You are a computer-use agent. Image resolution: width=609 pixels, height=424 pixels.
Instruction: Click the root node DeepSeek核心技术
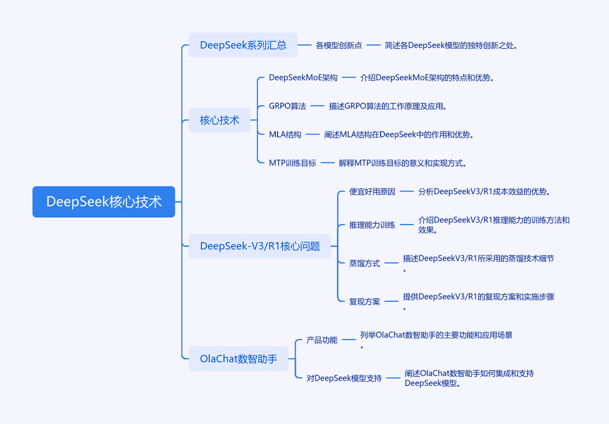coord(104,201)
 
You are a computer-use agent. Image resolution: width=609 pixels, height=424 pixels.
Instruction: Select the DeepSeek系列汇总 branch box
coord(243,45)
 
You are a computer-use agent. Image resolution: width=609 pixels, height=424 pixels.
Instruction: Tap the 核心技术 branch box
coord(219,120)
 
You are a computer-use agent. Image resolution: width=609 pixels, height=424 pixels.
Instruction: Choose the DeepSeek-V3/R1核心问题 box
coord(260,246)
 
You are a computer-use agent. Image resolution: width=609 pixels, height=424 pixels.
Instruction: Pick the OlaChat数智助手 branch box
coord(239,359)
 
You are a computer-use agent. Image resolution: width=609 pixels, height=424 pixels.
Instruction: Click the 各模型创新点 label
coord(339,46)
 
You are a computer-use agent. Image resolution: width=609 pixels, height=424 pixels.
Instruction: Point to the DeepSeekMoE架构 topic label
coord(303,78)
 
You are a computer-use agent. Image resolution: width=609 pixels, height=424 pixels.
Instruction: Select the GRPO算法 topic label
coord(288,106)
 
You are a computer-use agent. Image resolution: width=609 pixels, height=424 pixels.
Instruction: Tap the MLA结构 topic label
coord(285,135)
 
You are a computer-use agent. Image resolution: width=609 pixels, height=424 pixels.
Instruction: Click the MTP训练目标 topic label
coord(293,163)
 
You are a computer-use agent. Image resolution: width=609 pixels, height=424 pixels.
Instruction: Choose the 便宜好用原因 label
coord(372,192)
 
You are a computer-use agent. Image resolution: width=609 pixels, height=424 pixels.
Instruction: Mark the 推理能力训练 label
coord(372,225)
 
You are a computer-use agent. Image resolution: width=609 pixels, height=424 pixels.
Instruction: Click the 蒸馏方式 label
coord(364,263)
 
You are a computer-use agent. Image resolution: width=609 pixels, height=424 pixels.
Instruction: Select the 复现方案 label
coord(364,301)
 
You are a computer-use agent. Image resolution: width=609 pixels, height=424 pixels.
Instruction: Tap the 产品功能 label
coord(322,340)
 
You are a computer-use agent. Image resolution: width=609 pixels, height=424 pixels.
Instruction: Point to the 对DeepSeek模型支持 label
coord(344,378)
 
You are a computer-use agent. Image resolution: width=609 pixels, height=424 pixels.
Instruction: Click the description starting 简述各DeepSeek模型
coord(451,46)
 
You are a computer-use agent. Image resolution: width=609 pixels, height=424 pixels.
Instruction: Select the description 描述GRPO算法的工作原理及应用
coord(387,106)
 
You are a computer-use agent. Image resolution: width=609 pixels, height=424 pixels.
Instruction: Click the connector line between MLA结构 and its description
coord(312,135)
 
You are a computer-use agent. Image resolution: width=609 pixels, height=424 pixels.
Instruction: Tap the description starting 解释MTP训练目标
coord(403,163)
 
